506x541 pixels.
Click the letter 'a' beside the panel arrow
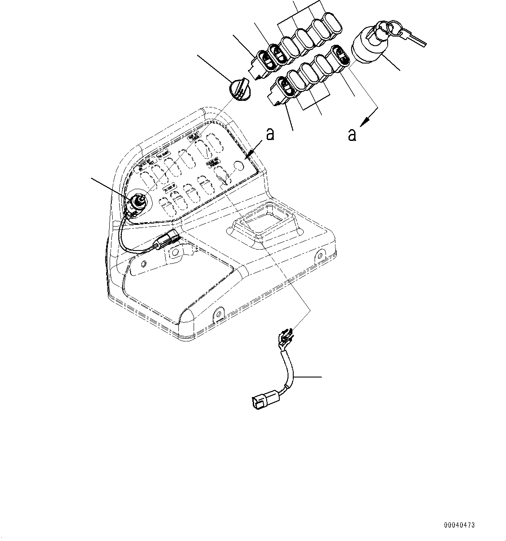click(270, 134)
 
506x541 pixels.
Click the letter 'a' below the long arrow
click(352, 135)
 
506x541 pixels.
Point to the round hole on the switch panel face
click(238, 166)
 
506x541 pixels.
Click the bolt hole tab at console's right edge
click(321, 256)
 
